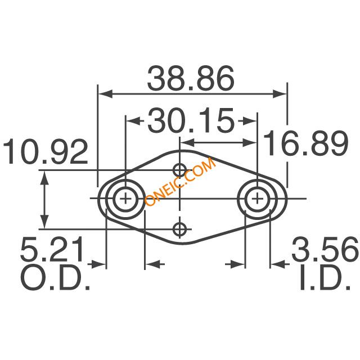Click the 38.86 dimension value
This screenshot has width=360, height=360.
click(x=191, y=78)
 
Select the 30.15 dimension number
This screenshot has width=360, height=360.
click(x=191, y=120)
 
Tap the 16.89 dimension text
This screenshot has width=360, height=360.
click(x=306, y=143)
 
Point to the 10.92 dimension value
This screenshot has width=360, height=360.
click(x=45, y=151)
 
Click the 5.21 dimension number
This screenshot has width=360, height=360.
click(x=52, y=249)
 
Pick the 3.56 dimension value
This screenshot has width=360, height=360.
click(x=325, y=248)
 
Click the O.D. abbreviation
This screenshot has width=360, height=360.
click(x=55, y=278)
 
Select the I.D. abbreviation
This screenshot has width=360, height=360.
click(x=325, y=278)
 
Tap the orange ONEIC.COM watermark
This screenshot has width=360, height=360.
click(x=181, y=182)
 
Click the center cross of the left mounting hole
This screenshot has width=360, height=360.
click(x=125, y=199)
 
